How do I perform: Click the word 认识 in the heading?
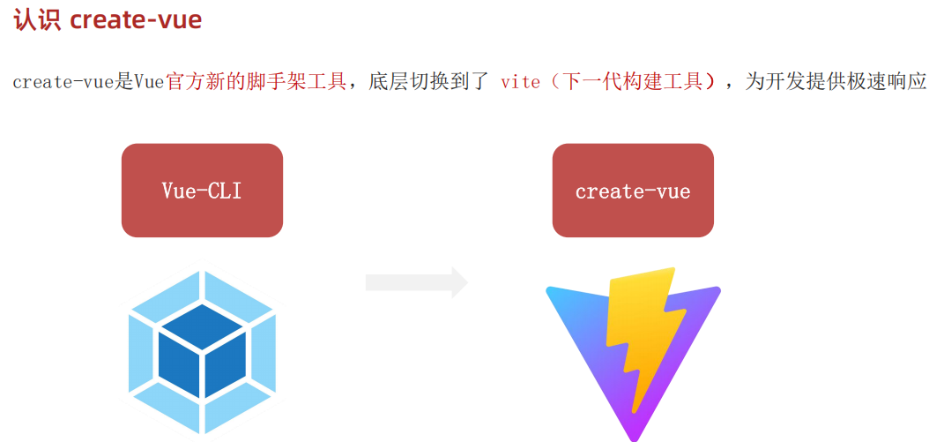tap(36, 20)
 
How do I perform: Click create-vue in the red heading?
tap(136, 20)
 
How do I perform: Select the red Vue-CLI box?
tap(202, 191)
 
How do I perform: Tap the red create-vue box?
tap(633, 191)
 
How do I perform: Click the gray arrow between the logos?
tap(417, 282)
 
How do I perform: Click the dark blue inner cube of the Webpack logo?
tap(202, 353)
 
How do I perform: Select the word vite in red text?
tap(520, 82)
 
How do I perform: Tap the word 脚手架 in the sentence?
tap(267, 82)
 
